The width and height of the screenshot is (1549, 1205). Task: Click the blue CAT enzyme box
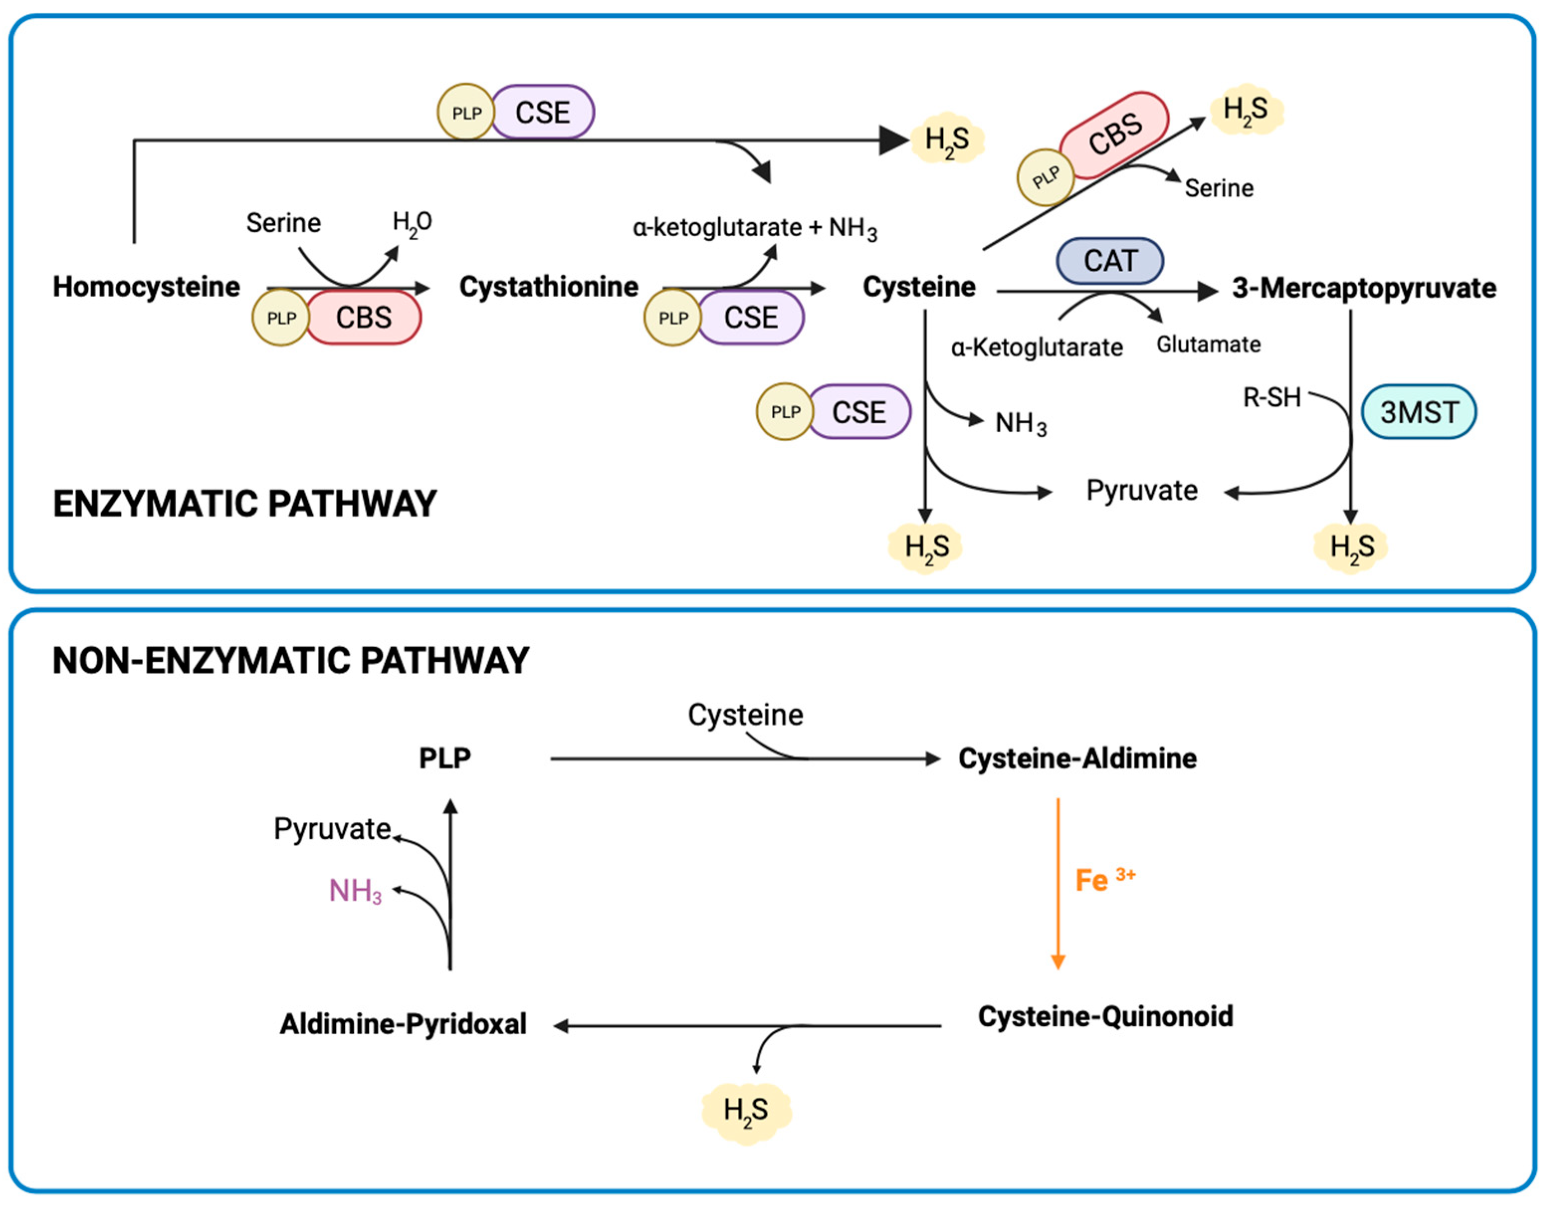[1110, 261]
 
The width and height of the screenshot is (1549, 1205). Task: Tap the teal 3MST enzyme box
[1419, 412]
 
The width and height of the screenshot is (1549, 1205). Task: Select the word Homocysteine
[147, 287]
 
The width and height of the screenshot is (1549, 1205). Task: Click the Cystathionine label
[549, 287]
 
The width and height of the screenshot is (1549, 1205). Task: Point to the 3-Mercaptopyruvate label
[1364, 288]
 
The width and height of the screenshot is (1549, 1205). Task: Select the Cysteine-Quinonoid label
[1105, 1016]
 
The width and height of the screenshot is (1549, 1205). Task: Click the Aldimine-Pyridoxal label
[403, 1024]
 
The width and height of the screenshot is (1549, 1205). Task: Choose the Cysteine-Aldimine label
[1077, 758]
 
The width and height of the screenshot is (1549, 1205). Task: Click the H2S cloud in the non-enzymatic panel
[746, 1110]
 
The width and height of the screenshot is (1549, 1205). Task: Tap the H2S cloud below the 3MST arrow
[1351, 547]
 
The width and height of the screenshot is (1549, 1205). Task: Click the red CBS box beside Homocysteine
[363, 318]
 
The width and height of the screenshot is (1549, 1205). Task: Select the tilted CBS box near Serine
[1114, 135]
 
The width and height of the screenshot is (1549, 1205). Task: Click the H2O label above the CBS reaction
[412, 223]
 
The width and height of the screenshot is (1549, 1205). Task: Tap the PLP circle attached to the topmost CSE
[466, 113]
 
